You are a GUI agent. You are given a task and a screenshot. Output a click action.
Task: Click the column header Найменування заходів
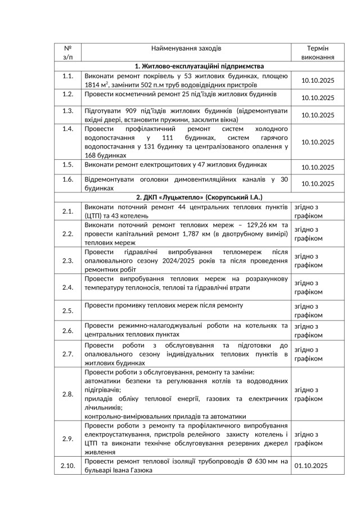coord(186,49)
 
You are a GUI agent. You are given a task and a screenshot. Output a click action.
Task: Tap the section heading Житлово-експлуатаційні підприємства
coord(200,66)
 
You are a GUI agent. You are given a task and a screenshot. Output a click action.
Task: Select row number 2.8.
coord(68,394)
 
